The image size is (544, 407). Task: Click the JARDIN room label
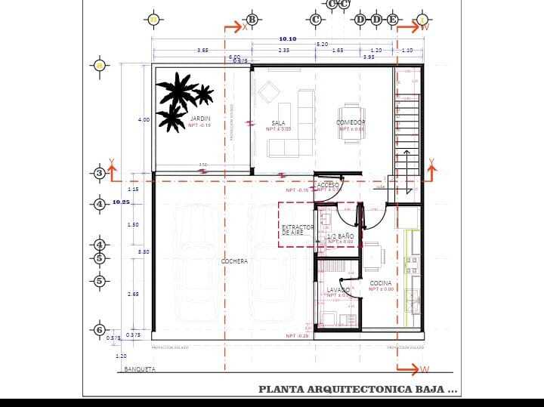200,119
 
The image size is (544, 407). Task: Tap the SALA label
278,123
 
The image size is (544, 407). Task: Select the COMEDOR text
351,122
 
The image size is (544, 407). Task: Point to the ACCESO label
328,184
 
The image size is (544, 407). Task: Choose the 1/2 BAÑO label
340,236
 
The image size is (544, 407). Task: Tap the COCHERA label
234,261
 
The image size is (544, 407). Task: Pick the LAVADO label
338,290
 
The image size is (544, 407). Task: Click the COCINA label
381,283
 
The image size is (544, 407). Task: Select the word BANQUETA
140,369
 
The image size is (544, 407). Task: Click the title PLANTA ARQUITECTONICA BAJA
357,390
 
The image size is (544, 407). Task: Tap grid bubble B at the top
252,19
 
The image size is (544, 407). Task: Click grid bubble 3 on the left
99,174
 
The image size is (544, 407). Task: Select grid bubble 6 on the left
99,329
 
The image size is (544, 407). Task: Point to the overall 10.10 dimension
288,39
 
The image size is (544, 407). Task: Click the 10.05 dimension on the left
121,202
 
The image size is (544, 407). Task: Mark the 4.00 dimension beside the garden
144,119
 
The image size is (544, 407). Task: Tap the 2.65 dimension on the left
133,294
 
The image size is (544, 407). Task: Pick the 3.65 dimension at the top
202,50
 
